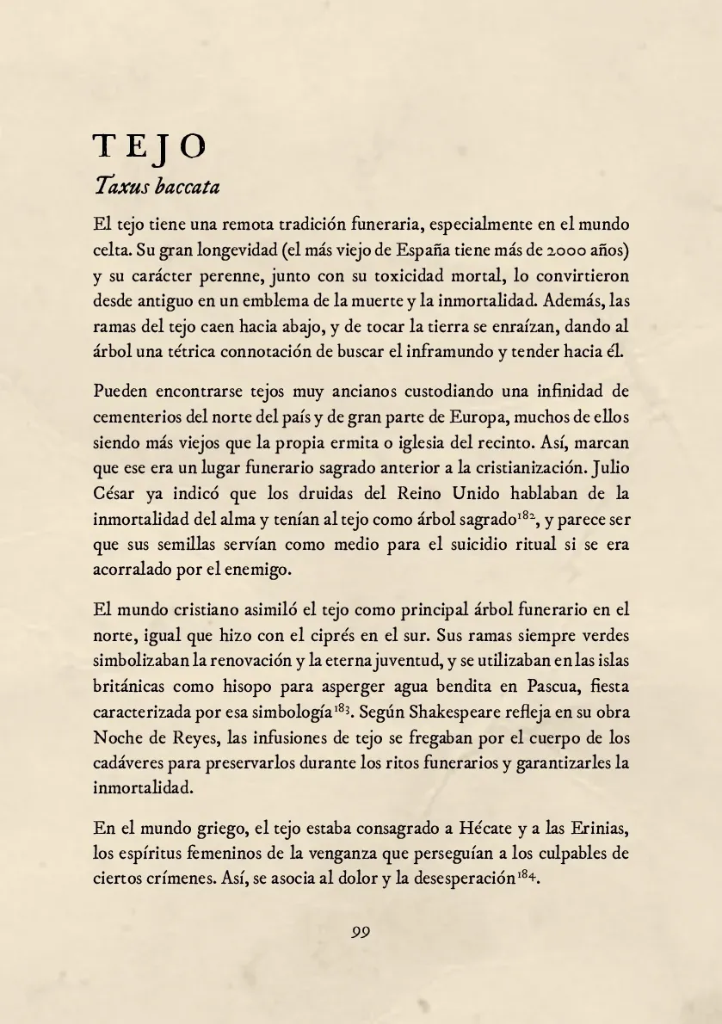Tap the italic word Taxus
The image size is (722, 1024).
coord(123,185)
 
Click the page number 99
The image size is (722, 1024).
coord(361,931)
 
